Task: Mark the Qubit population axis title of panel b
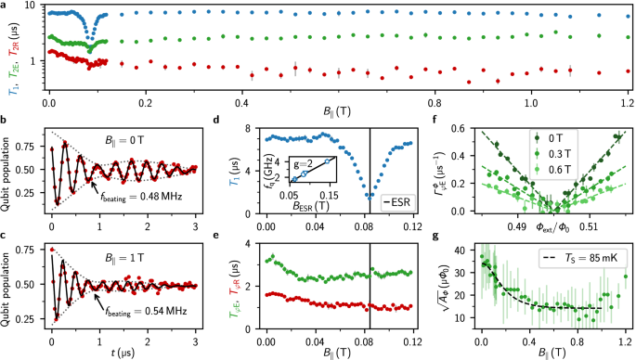pyautogui.click(x=10, y=173)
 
